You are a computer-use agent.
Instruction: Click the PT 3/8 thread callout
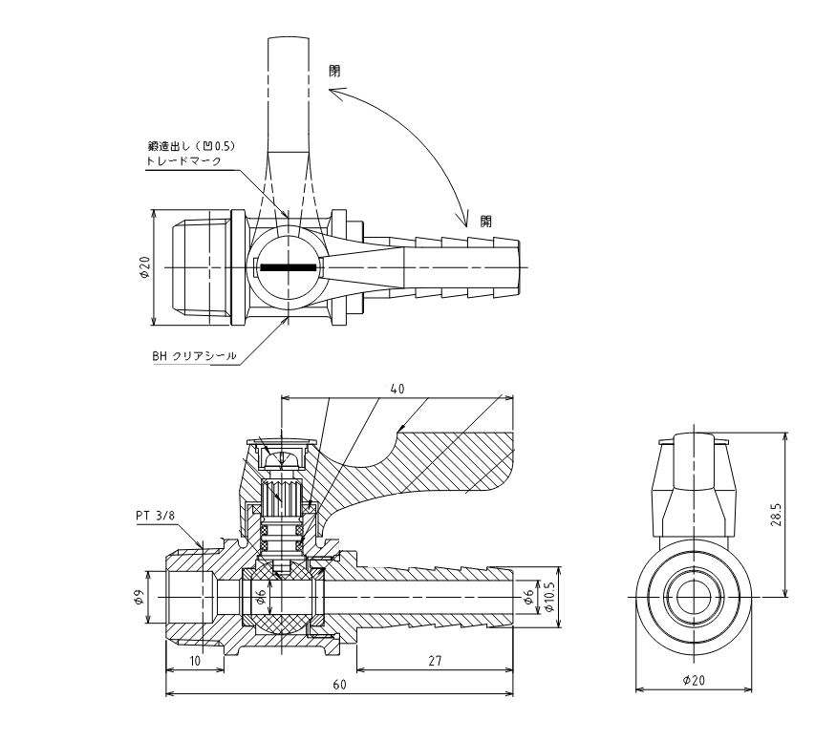pyautogui.click(x=156, y=516)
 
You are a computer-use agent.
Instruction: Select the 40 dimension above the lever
pyautogui.click(x=397, y=389)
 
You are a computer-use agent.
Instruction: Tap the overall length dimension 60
pyautogui.click(x=339, y=685)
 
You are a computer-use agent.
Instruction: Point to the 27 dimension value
pyautogui.click(x=435, y=661)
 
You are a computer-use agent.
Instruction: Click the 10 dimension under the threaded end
pyautogui.click(x=195, y=661)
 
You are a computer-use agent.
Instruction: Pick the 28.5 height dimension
pyautogui.click(x=776, y=514)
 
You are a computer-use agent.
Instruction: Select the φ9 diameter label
pyautogui.click(x=139, y=597)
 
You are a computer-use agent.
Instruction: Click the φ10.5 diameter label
pyautogui.click(x=550, y=597)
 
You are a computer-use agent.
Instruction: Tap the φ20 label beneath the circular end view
pyautogui.click(x=694, y=680)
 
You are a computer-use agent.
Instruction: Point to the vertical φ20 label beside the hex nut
pyautogui.click(x=144, y=267)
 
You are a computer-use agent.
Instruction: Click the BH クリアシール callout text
pyautogui.click(x=194, y=356)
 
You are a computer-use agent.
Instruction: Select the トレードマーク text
pyautogui.click(x=183, y=160)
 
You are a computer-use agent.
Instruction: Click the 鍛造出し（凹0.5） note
pyautogui.click(x=192, y=146)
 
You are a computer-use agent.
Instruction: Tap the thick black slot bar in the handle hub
pyautogui.click(x=288, y=267)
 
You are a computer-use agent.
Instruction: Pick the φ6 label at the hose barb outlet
pyautogui.click(x=528, y=597)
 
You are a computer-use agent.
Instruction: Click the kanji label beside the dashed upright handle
pyautogui.click(x=334, y=71)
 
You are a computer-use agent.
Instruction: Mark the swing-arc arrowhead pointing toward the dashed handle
pyautogui.click(x=335, y=94)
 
